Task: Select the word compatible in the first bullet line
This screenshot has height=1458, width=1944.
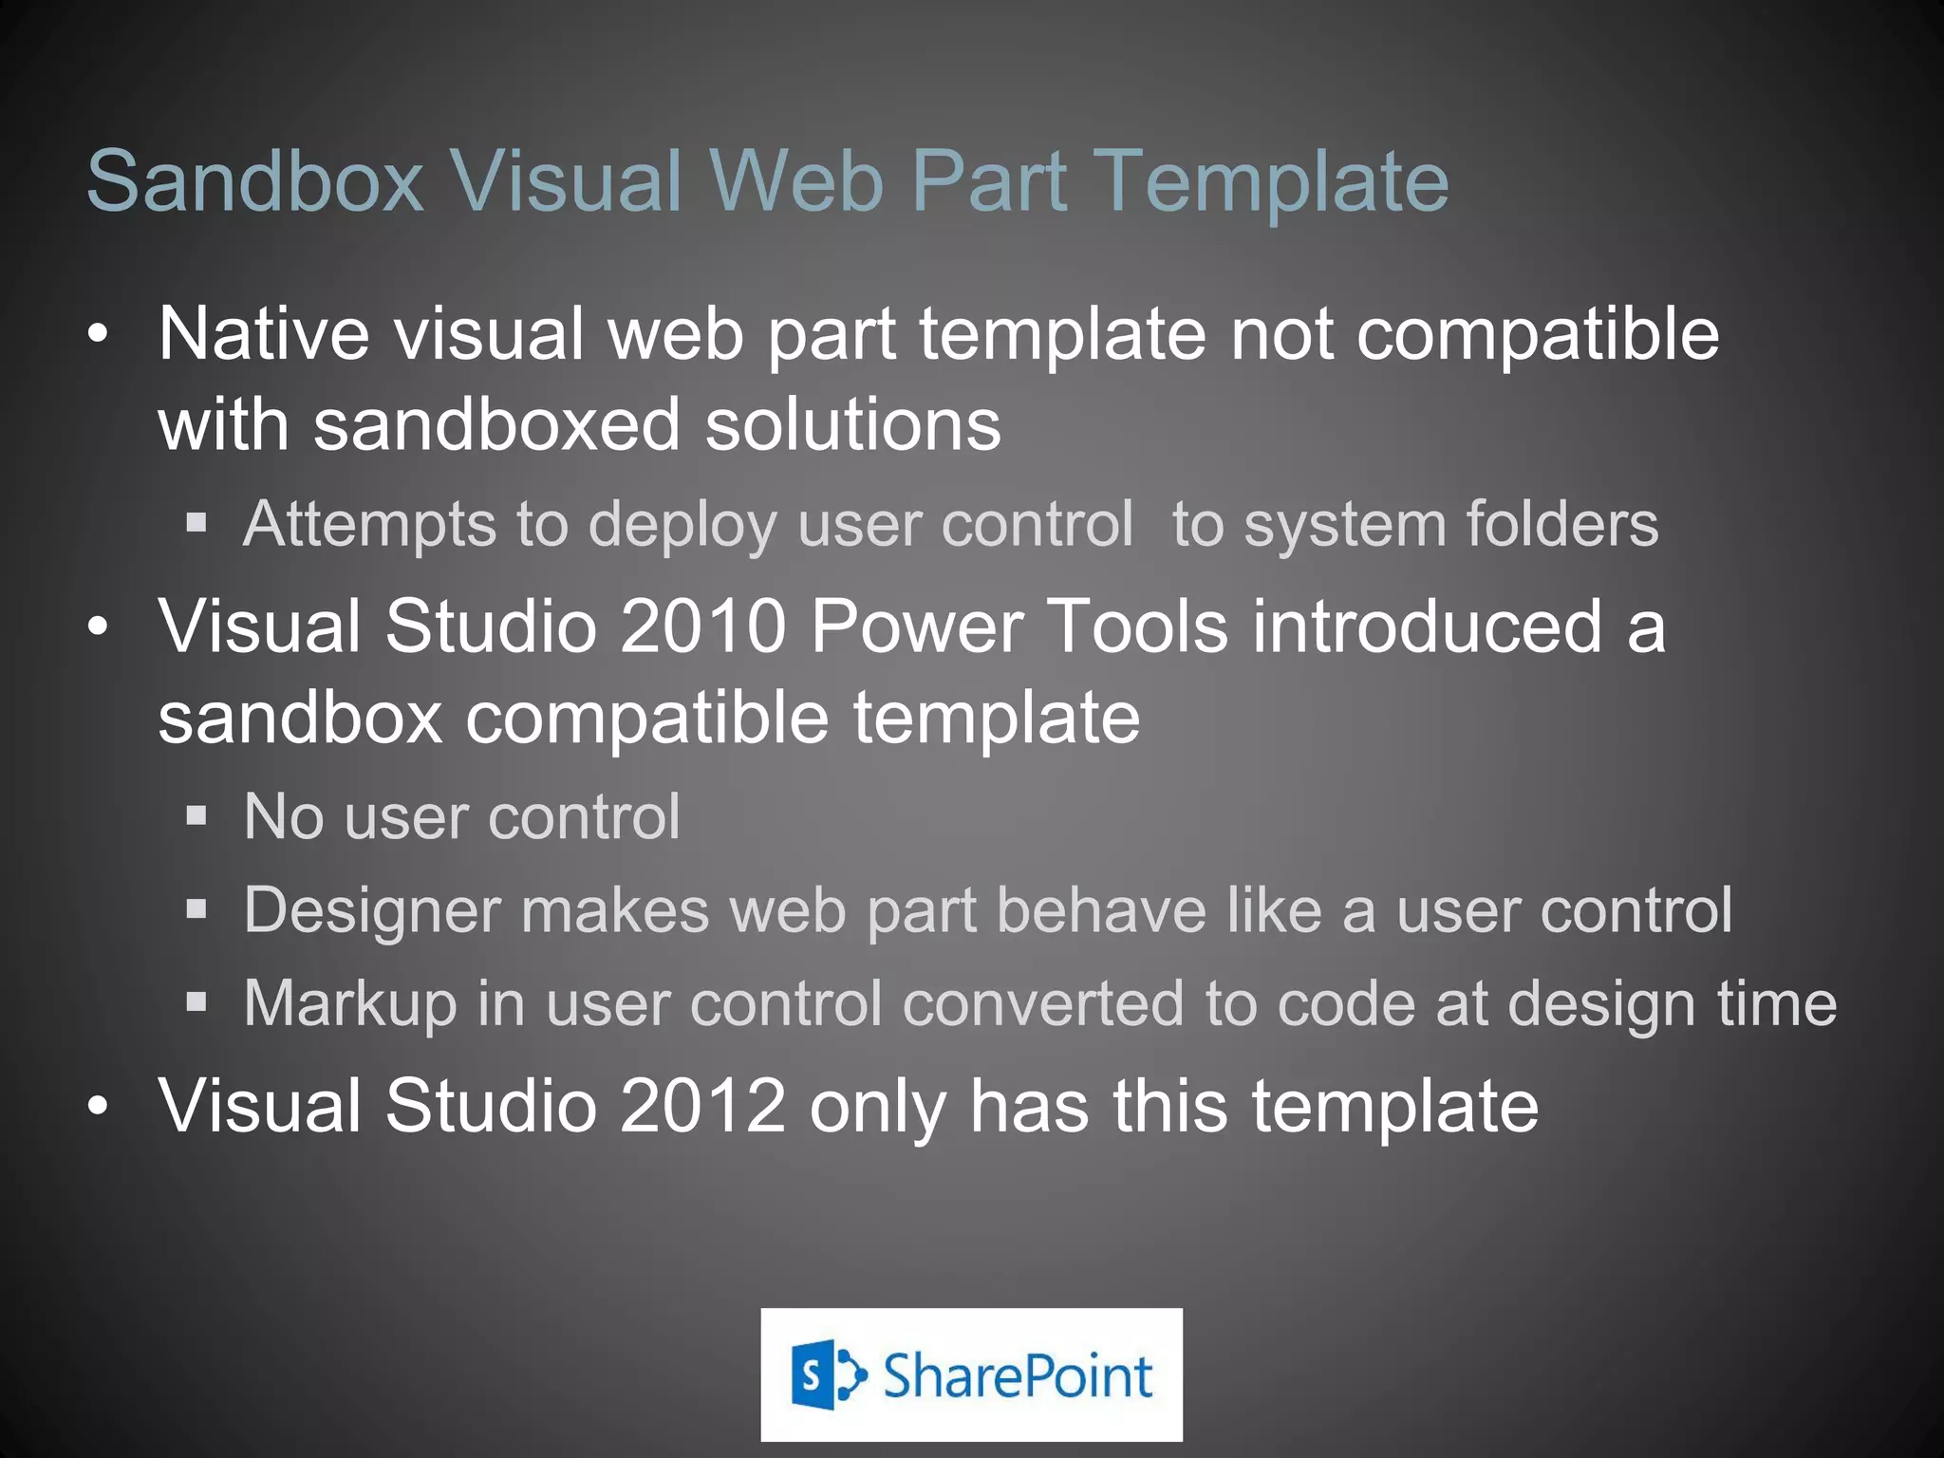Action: click(x=1537, y=336)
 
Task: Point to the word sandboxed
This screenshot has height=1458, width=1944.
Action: click(x=496, y=424)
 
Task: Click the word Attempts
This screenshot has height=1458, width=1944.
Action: click(x=369, y=525)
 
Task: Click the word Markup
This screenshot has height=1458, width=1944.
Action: click(x=349, y=1004)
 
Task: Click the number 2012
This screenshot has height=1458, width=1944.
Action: click(x=701, y=1106)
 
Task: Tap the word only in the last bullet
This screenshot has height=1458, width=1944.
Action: click(x=877, y=1108)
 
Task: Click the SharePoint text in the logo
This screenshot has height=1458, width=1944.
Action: click(x=1017, y=1375)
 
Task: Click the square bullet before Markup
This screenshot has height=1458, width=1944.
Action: click(x=196, y=1000)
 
